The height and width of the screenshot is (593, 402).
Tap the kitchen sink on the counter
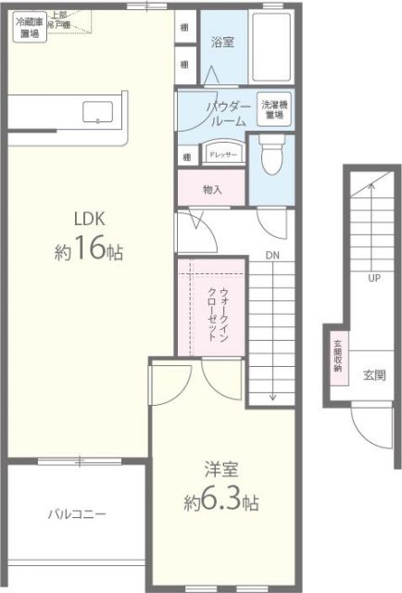98,113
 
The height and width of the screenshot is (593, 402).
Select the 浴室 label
222,42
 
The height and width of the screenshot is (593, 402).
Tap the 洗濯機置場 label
274,110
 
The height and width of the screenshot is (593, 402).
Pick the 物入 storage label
213,189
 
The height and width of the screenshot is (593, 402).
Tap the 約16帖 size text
89,251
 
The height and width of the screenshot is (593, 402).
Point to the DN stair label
272,256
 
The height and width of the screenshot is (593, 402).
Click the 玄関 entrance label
374,375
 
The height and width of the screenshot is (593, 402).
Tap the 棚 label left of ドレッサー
186,156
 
